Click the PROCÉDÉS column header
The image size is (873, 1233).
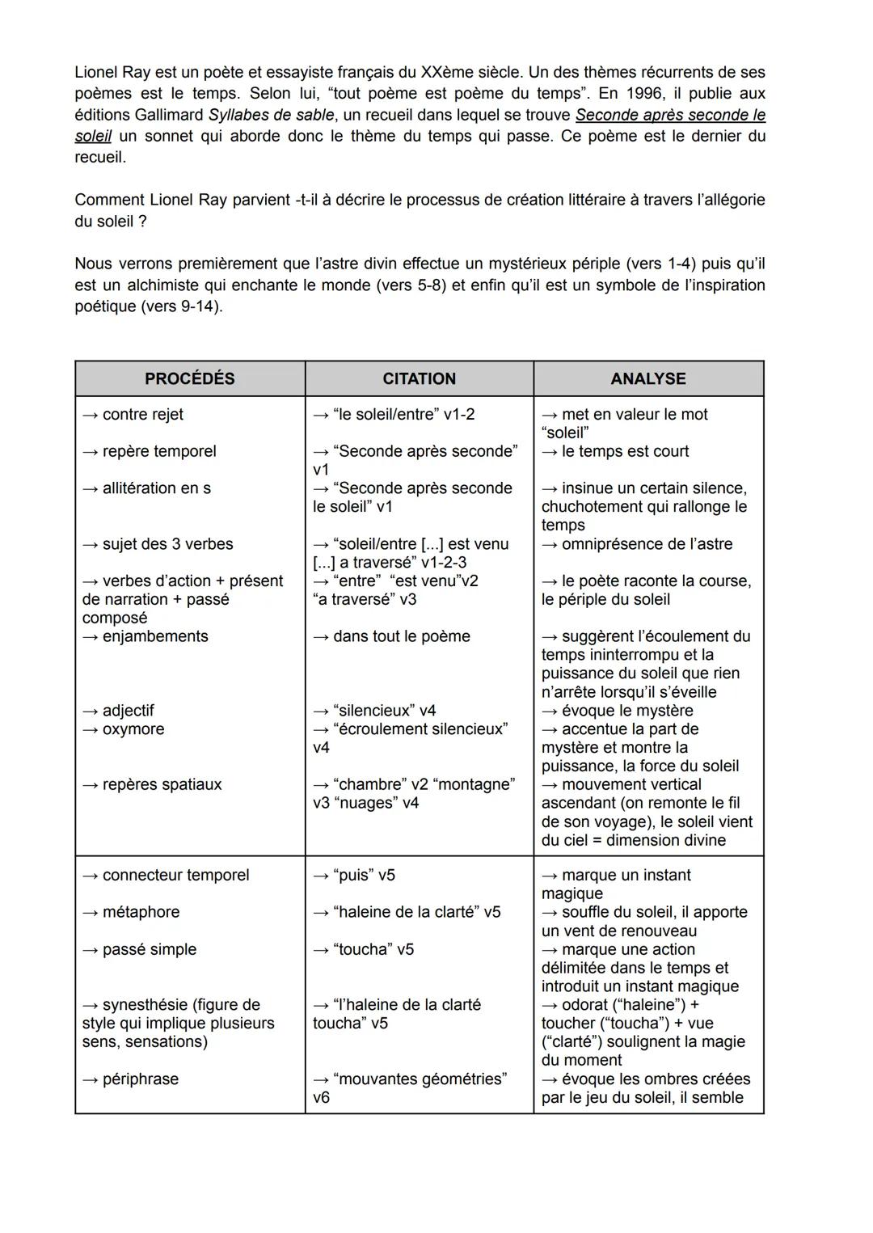190,378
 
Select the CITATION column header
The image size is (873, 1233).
419,378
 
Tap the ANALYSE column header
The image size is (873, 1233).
648,378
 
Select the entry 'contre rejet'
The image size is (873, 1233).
142,415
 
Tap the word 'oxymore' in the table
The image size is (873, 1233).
133,729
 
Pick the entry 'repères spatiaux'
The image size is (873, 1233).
161,784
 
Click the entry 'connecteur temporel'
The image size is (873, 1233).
175,875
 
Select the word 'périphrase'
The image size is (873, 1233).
140,1079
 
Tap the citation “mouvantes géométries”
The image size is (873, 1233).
420,1079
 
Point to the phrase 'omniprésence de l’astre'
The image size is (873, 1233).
647,544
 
